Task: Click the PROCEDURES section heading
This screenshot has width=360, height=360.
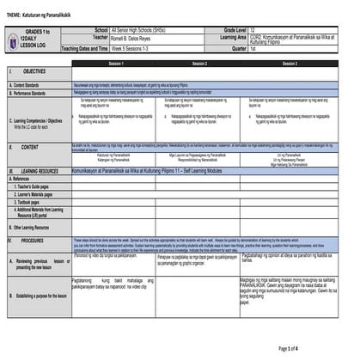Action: pyautogui.click(x=35, y=240)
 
